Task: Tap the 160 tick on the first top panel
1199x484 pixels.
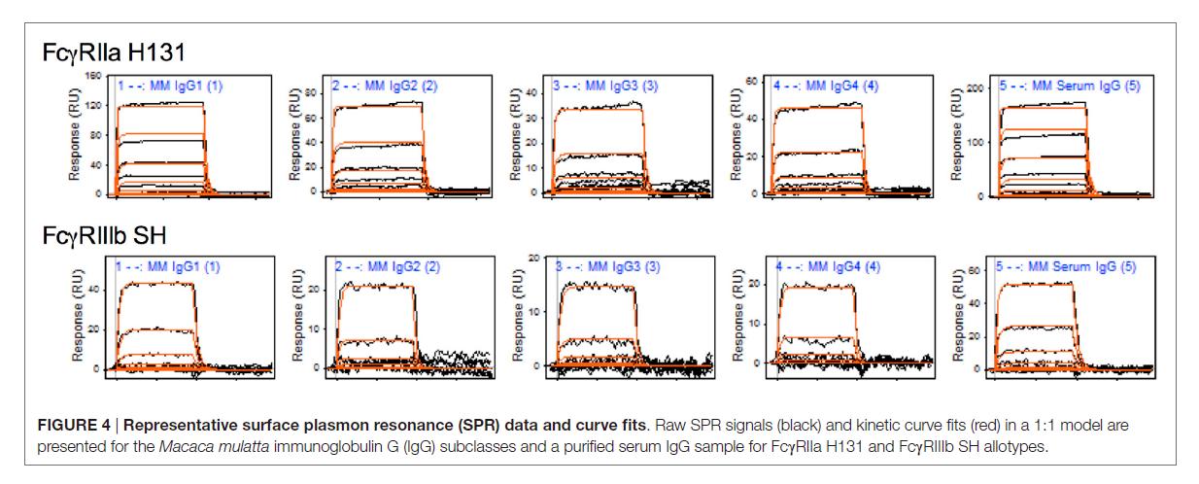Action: (x=92, y=75)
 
